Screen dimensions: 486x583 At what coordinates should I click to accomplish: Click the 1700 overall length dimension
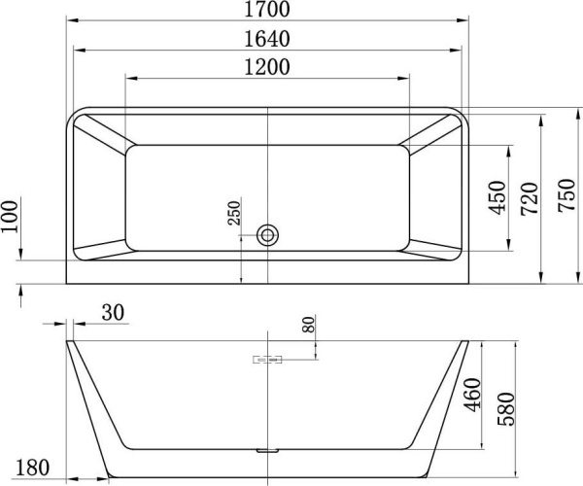click(x=266, y=11)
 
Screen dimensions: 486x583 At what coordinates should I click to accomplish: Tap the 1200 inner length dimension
click(x=266, y=67)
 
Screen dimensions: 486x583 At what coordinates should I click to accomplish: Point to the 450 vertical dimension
click(x=497, y=196)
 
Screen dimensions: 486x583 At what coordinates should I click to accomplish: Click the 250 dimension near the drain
click(x=234, y=214)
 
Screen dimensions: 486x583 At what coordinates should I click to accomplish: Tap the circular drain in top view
click(x=267, y=234)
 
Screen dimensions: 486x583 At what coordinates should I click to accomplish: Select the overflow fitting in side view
click(x=267, y=360)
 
